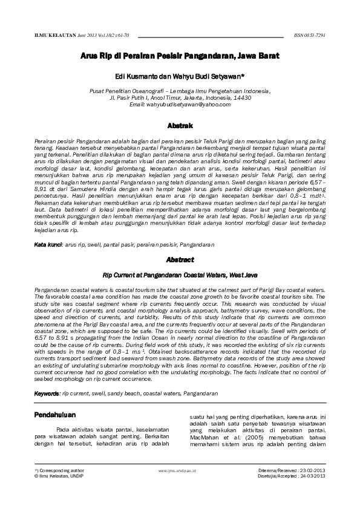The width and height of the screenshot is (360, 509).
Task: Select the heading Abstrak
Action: click(x=180, y=126)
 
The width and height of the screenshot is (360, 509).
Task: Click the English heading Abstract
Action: click(x=180, y=260)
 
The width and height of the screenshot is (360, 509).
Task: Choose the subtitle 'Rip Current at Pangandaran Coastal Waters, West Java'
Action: click(x=180, y=275)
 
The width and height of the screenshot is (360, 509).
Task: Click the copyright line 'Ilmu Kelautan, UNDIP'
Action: click(x=56, y=476)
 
